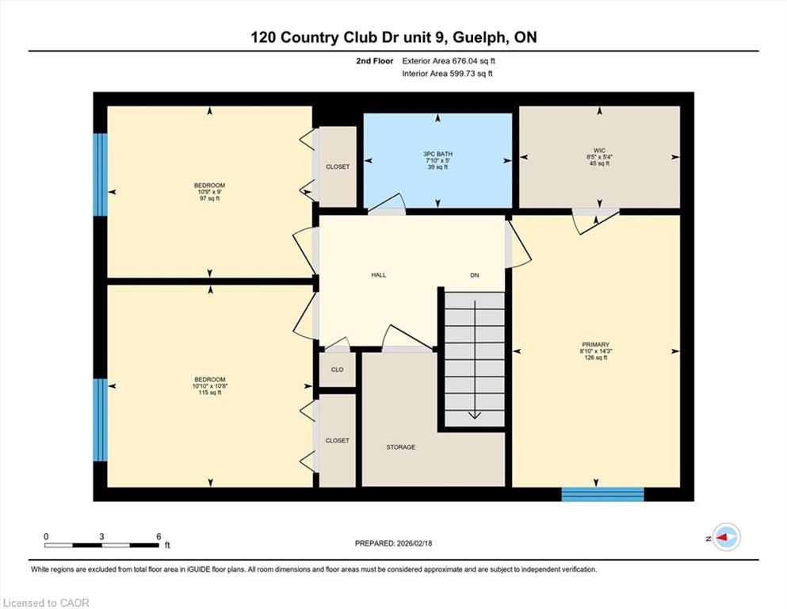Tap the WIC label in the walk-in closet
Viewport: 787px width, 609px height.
(x=599, y=151)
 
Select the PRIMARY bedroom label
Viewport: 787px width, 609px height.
(x=596, y=345)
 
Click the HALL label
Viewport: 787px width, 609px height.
(x=379, y=275)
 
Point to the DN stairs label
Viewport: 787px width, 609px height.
(x=474, y=275)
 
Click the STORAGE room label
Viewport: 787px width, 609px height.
(x=400, y=446)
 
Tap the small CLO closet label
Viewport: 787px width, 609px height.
(x=338, y=370)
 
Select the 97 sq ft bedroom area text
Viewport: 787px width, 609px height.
(x=210, y=198)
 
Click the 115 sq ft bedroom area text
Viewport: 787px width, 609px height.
(x=210, y=392)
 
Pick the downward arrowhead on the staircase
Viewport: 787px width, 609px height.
(x=474, y=415)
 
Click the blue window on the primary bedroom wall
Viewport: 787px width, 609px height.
(x=602, y=494)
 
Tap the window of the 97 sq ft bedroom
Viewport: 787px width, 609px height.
(x=101, y=174)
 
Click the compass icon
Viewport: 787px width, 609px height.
(x=727, y=537)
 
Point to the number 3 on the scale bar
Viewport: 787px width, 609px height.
(x=102, y=537)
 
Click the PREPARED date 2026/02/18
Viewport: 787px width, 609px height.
(x=414, y=543)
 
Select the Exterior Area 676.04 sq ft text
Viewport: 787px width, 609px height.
(x=449, y=61)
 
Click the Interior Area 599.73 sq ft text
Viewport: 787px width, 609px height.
(x=447, y=74)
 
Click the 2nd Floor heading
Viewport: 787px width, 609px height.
(x=374, y=61)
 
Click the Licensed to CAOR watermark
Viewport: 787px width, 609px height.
(x=46, y=603)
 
